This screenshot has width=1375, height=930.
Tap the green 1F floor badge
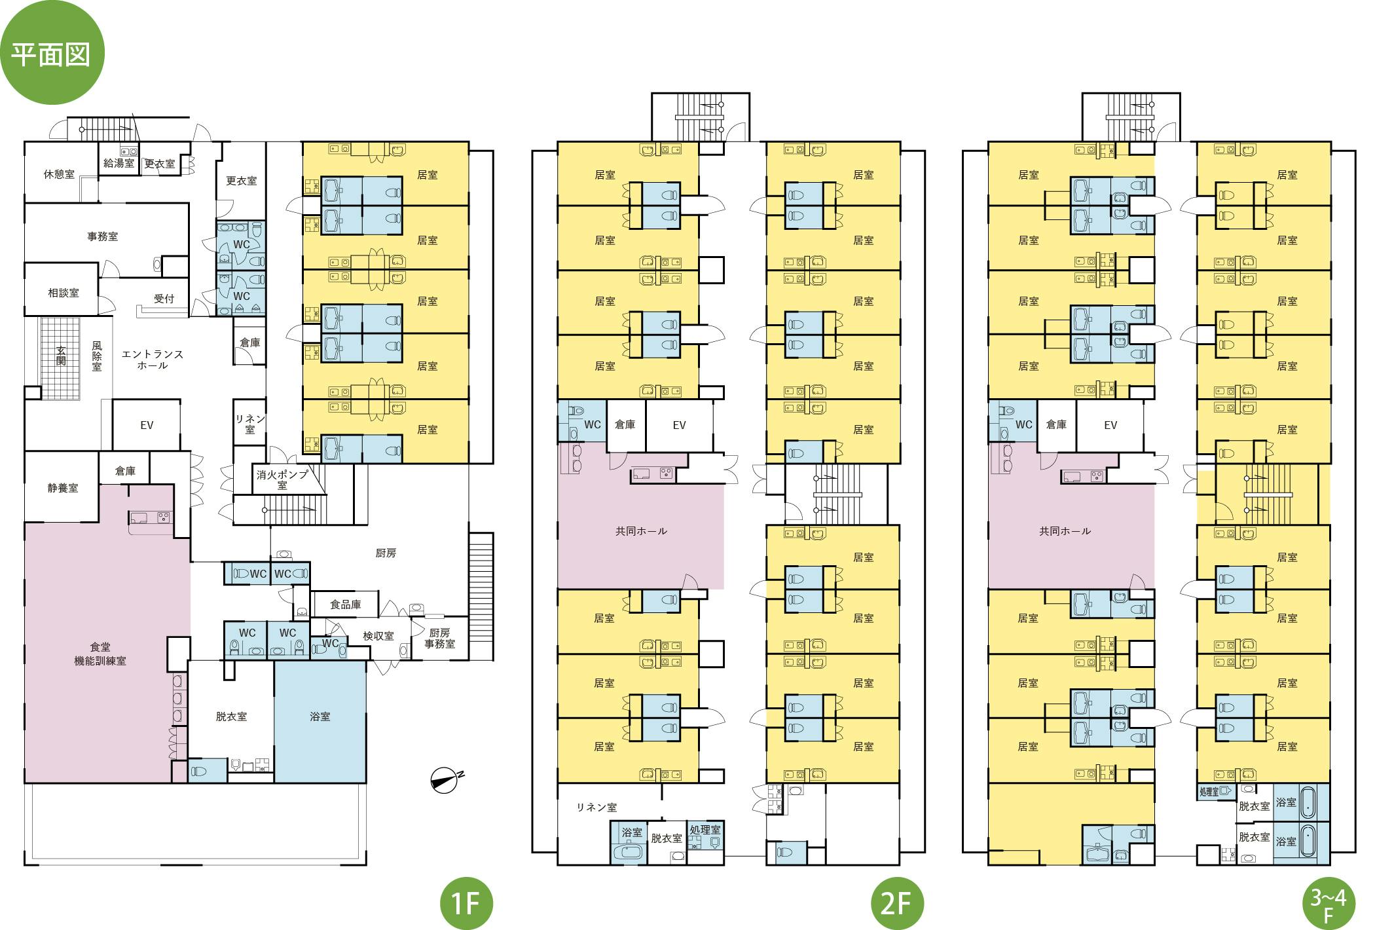(x=466, y=904)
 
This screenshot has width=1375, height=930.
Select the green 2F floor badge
(x=896, y=904)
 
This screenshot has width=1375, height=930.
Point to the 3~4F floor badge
(x=1328, y=904)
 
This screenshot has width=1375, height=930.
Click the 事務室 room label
(x=103, y=236)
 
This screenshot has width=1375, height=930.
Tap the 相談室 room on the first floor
(x=63, y=293)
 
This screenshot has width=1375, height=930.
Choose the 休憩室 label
(x=59, y=174)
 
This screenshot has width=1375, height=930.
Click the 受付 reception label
(x=164, y=299)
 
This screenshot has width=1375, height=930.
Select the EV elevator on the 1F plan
(x=147, y=425)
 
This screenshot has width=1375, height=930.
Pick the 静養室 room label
(x=62, y=488)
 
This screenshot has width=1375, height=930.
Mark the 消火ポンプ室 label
(x=282, y=479)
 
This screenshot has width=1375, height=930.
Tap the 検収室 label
(x=378, y=636)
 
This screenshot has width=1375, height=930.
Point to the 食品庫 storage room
(x=345, y=604)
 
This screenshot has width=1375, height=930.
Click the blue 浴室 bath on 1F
(x=320, y=716)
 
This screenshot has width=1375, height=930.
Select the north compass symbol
(x=446, y=779)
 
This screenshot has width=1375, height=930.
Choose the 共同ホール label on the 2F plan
(x=641, y=531)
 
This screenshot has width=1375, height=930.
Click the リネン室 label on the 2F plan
(x=596, y=808)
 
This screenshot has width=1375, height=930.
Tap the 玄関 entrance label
(x=60, y=356)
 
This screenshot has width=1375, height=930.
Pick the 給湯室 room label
(x=119, y=163)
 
